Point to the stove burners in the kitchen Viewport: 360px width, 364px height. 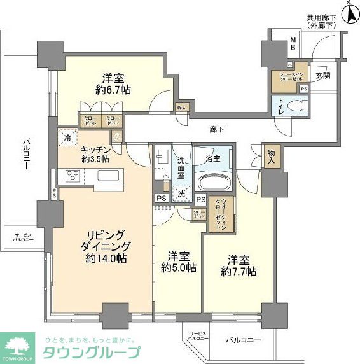[69, 177]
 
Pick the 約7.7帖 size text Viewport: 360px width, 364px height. [238, 271]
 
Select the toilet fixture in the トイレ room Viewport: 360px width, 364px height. [296, 106]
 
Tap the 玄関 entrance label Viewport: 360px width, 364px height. [322, 75]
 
